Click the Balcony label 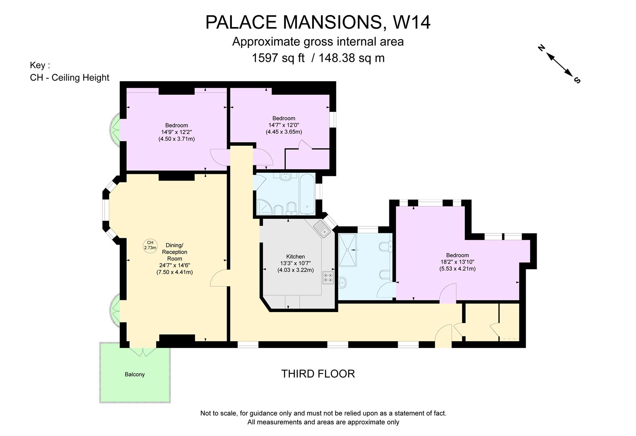(134, 374)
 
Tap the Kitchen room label (295, 256)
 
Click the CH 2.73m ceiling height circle (150, 245)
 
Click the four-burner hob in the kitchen (328, 278)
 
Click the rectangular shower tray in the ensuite (348, 250)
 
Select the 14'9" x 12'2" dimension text (176, 132)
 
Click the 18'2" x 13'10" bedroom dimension (458, 262)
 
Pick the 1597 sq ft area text (278, 58)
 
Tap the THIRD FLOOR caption (318, 374)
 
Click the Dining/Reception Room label (174, 252)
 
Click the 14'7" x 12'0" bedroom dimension (283, 125)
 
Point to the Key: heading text (40, 65)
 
